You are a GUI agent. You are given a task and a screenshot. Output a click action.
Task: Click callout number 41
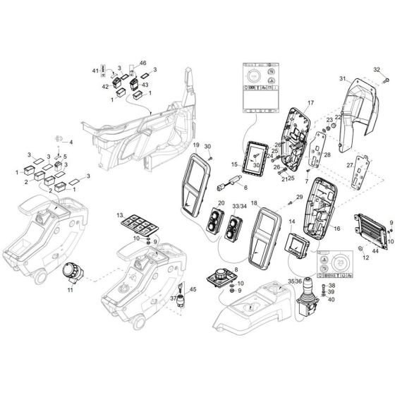click(97, 71)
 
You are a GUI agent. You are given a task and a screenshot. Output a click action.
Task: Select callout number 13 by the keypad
click(120, 214)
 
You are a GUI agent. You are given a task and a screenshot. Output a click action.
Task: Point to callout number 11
click(70, 289)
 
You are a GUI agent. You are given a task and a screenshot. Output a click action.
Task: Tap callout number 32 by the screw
click(377, 68)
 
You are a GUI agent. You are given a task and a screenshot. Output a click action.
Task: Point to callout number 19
click(196, 146)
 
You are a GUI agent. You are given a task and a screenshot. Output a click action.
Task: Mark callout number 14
click(291, 222)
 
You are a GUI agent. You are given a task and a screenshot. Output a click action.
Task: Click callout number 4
click(70, 143)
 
